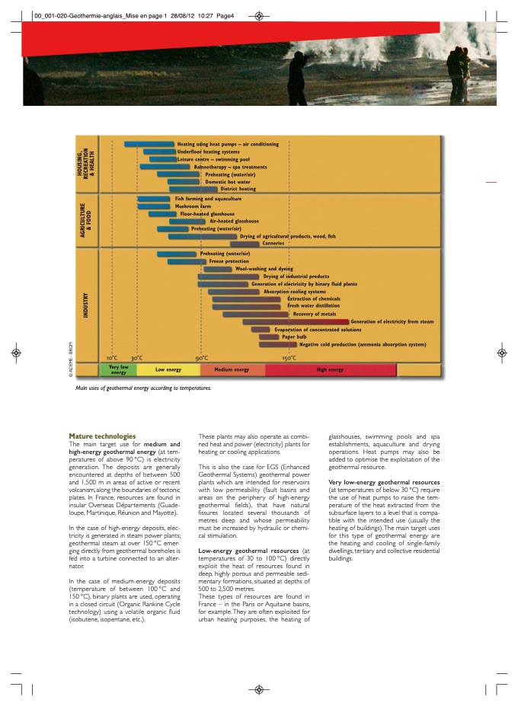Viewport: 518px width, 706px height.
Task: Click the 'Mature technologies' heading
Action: click(x=102, y=436)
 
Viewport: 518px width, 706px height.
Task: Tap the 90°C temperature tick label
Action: click(x=202, y=357)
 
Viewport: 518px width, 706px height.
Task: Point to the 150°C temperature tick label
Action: click(x=289, y=357)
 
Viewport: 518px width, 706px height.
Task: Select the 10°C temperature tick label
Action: click(x=112, y=357)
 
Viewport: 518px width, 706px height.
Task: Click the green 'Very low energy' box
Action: click(x=118, y=370)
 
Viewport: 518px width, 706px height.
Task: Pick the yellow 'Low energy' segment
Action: click(x=168, y=370)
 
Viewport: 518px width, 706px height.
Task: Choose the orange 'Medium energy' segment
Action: click(x=232, y=370)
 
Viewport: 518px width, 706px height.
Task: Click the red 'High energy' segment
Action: click(x=331, y=370)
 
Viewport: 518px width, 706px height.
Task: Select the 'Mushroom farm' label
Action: click(x=193, y=206)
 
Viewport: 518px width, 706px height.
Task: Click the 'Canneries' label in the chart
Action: click(x=273, y=243)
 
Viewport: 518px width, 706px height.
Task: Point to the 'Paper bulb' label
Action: click(x=294, y=337)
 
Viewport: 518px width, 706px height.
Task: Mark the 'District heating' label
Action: click(x=238, y=189)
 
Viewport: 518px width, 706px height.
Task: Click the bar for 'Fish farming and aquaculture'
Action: click(x=155, y=199)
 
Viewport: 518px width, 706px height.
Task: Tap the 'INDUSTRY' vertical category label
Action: click(x=87, y=305)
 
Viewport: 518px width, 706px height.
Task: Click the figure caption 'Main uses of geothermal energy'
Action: click(x=142, y=388)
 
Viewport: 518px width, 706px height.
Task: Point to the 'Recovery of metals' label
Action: click(x=315, y=314)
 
